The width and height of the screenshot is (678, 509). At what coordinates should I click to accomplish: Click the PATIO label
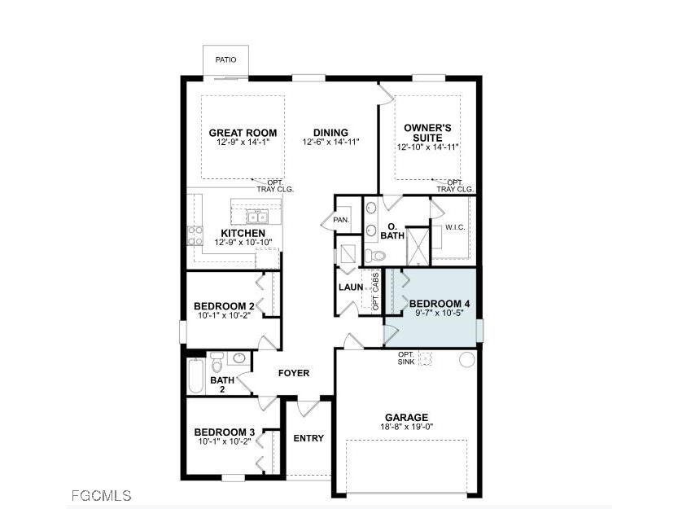[225, 59]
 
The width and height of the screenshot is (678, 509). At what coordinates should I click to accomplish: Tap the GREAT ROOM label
[243, 133]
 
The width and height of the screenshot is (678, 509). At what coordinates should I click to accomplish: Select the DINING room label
[330, 133]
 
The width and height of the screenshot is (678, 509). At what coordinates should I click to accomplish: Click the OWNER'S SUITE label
[428, 133]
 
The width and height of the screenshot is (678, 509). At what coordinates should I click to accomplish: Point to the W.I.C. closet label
[455, 227]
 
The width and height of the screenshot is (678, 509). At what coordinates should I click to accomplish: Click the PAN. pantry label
[341, 220]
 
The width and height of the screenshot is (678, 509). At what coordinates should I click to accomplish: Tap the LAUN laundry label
[351, 287]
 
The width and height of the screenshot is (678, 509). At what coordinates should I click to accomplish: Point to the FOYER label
[294, 373]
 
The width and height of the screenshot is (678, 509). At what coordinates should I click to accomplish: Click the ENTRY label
[308, 438]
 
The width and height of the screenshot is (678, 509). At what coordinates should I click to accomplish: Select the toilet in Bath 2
[217, 359]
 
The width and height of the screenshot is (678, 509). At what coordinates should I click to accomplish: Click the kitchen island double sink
[258, 217]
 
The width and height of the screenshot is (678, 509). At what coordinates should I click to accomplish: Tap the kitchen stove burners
[195, 235]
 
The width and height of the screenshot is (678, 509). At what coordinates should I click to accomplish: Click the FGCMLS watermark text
[98, 495]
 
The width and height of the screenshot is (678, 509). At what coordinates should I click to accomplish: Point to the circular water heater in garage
[467, 359]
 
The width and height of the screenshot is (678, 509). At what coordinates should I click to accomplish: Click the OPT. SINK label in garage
[406, 358]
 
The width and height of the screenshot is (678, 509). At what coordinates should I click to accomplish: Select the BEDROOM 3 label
[224, 432]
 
